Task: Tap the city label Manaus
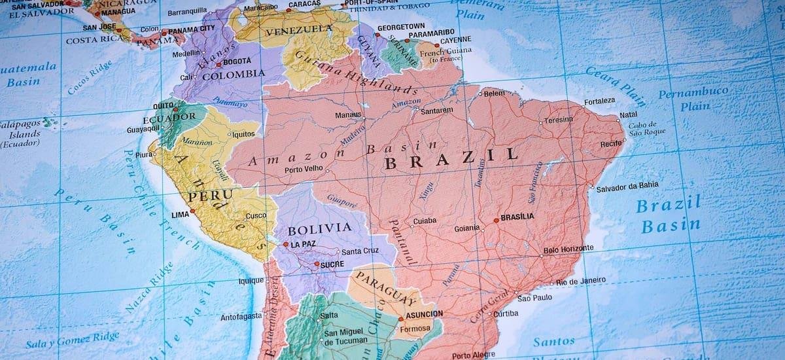[349, 115]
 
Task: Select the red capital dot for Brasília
[496, 221]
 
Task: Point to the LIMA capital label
[179, 215]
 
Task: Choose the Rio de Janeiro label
[582, 281]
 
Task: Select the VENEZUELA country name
[299, 30]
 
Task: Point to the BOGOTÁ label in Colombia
[237, 62]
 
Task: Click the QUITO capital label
[163, 105]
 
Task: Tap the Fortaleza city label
[600, 101]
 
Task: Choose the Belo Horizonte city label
[568, 249]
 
